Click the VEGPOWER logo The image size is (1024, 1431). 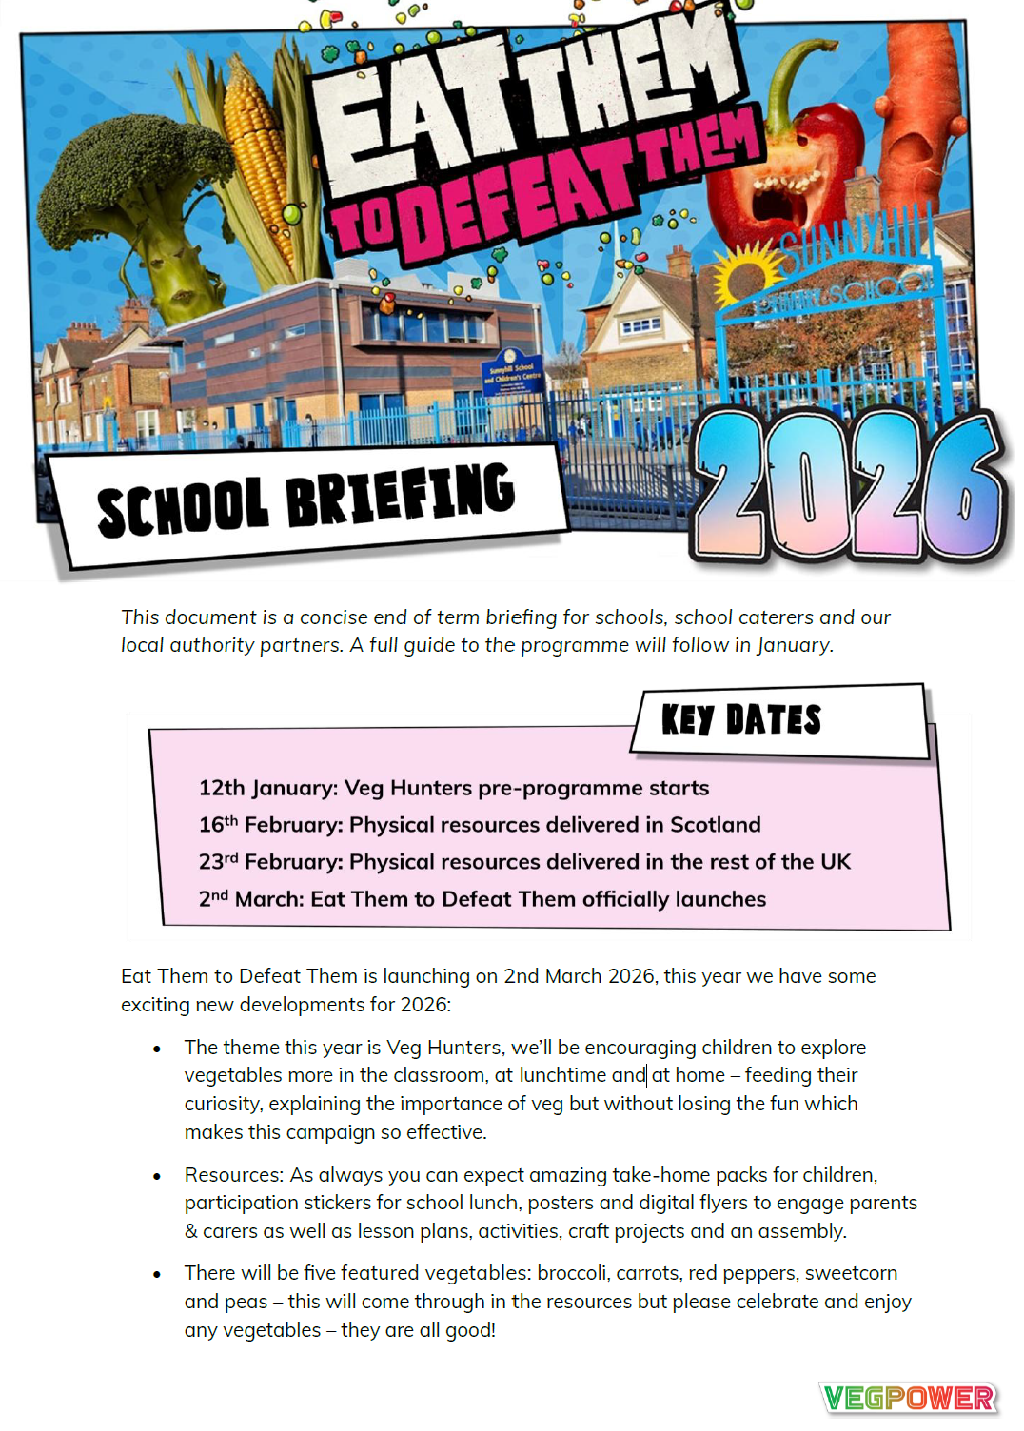click(x=908, y=1398)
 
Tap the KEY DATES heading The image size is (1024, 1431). click(x=740, y=720)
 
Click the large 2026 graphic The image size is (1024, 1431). click(x=847, y=485)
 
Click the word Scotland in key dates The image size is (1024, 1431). click(x=715, y=824)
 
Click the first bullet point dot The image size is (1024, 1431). click(x=157, y=1049)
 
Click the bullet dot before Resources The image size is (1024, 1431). click(x=157, y=1176)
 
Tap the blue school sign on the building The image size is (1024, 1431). click(x=513, y=371)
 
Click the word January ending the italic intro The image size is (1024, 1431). click(x=794, y=645)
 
